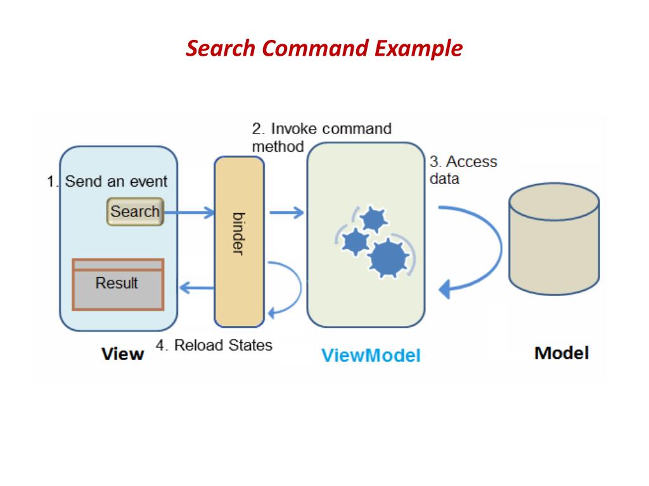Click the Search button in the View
(x=134, y=212)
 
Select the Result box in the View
(x=118, y=284)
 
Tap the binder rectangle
(x=239, y=241)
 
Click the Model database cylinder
(x=554, y=240)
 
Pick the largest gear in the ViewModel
(x=387, y=257)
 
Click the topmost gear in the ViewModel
(x=373, y=219)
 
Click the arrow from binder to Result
(x=197, y=289)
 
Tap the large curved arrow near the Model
(x=482, y=247)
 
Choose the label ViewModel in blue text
(x=371, y=355)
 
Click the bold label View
(x=123, y=354)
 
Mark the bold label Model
(x=562, y=352)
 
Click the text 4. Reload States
(x=214, y=346)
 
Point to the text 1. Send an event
(x=107, y=182)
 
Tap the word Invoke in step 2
(x=294, y=129)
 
